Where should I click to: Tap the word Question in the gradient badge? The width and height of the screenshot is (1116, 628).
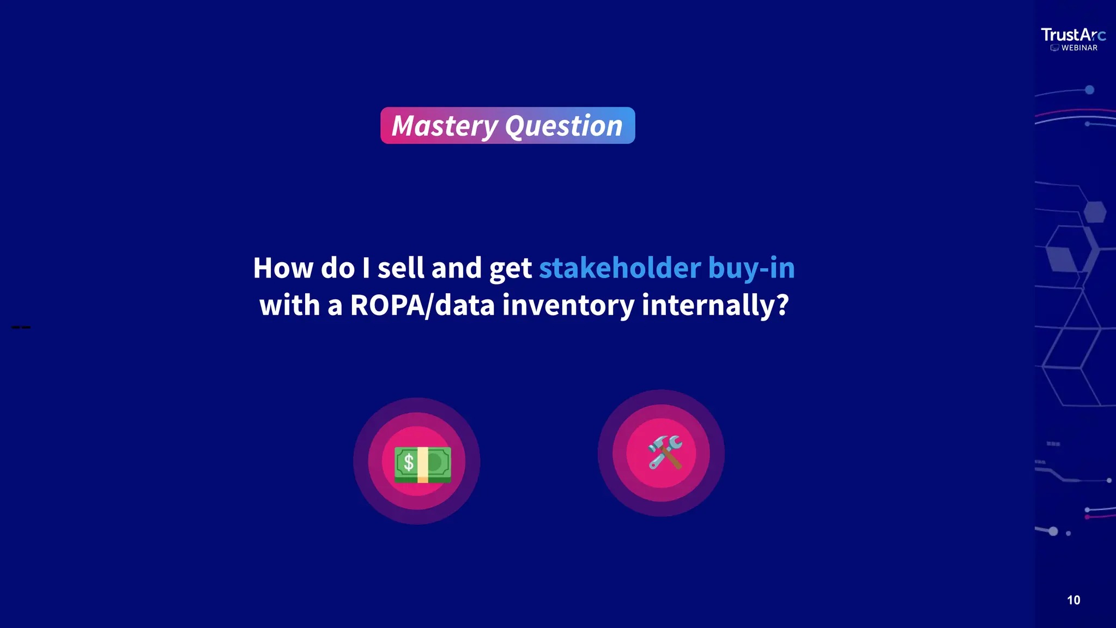563,126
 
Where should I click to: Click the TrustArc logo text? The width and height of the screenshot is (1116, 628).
1072,35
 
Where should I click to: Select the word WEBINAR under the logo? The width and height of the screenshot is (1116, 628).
1079,48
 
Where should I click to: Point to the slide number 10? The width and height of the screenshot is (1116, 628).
1073,600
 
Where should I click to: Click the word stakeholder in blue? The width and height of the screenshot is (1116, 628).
620,268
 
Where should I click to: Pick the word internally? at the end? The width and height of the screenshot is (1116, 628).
715,305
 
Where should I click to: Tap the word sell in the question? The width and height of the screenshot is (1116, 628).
401,268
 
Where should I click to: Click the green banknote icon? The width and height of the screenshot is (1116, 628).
422,464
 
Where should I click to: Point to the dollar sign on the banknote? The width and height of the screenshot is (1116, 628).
408,463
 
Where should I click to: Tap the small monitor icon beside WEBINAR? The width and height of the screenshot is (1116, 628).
1054,48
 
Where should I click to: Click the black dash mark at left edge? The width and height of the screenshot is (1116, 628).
21,327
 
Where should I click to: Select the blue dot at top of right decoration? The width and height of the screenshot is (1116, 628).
1089,90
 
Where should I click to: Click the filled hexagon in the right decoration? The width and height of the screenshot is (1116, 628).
1094,212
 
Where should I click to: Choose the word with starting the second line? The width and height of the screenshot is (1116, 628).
289,305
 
